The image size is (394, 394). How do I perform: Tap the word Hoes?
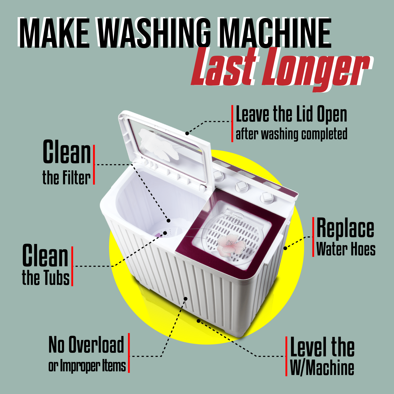coord(363,249)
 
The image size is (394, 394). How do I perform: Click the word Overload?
coord(96,344)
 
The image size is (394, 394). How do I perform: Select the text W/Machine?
coord(322,368)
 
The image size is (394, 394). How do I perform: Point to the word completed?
coord(324,134)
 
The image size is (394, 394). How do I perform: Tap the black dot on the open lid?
coord(187,133)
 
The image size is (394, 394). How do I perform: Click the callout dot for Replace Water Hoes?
coord(285,248)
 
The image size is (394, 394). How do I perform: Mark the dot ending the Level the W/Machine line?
coord(199,321)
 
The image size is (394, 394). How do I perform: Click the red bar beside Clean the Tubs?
coord(72,266)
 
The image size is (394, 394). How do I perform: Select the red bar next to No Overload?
coord(129,353)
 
